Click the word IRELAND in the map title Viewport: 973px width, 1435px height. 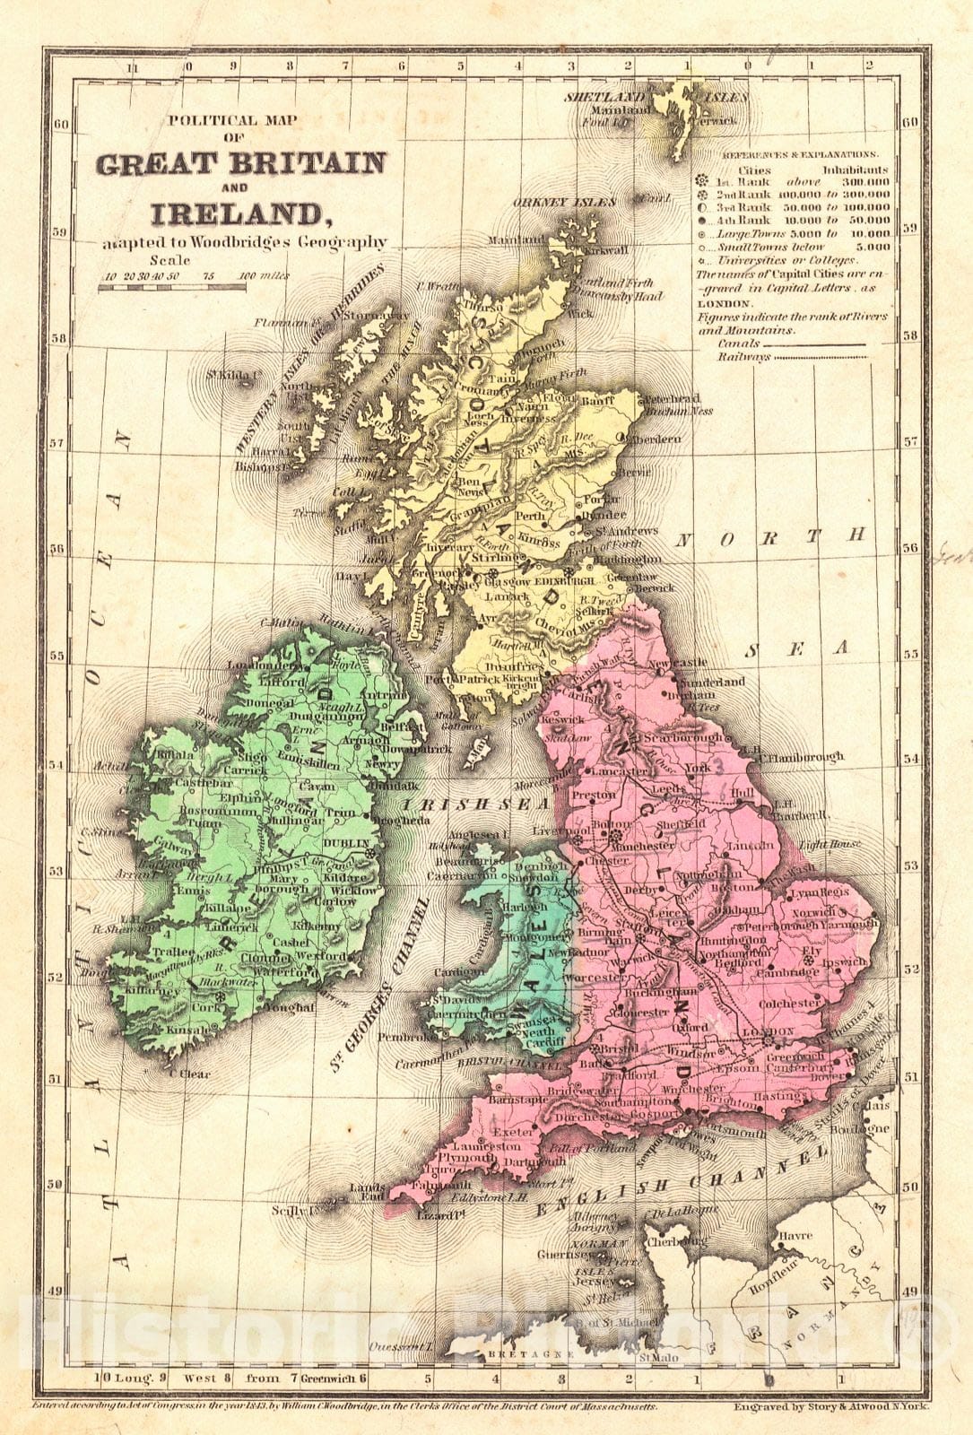coord(236,214)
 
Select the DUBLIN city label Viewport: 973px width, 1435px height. coord(351,844)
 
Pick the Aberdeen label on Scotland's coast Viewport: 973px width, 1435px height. coord(651,439)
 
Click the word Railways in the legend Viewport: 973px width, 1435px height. coord(743,357)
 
